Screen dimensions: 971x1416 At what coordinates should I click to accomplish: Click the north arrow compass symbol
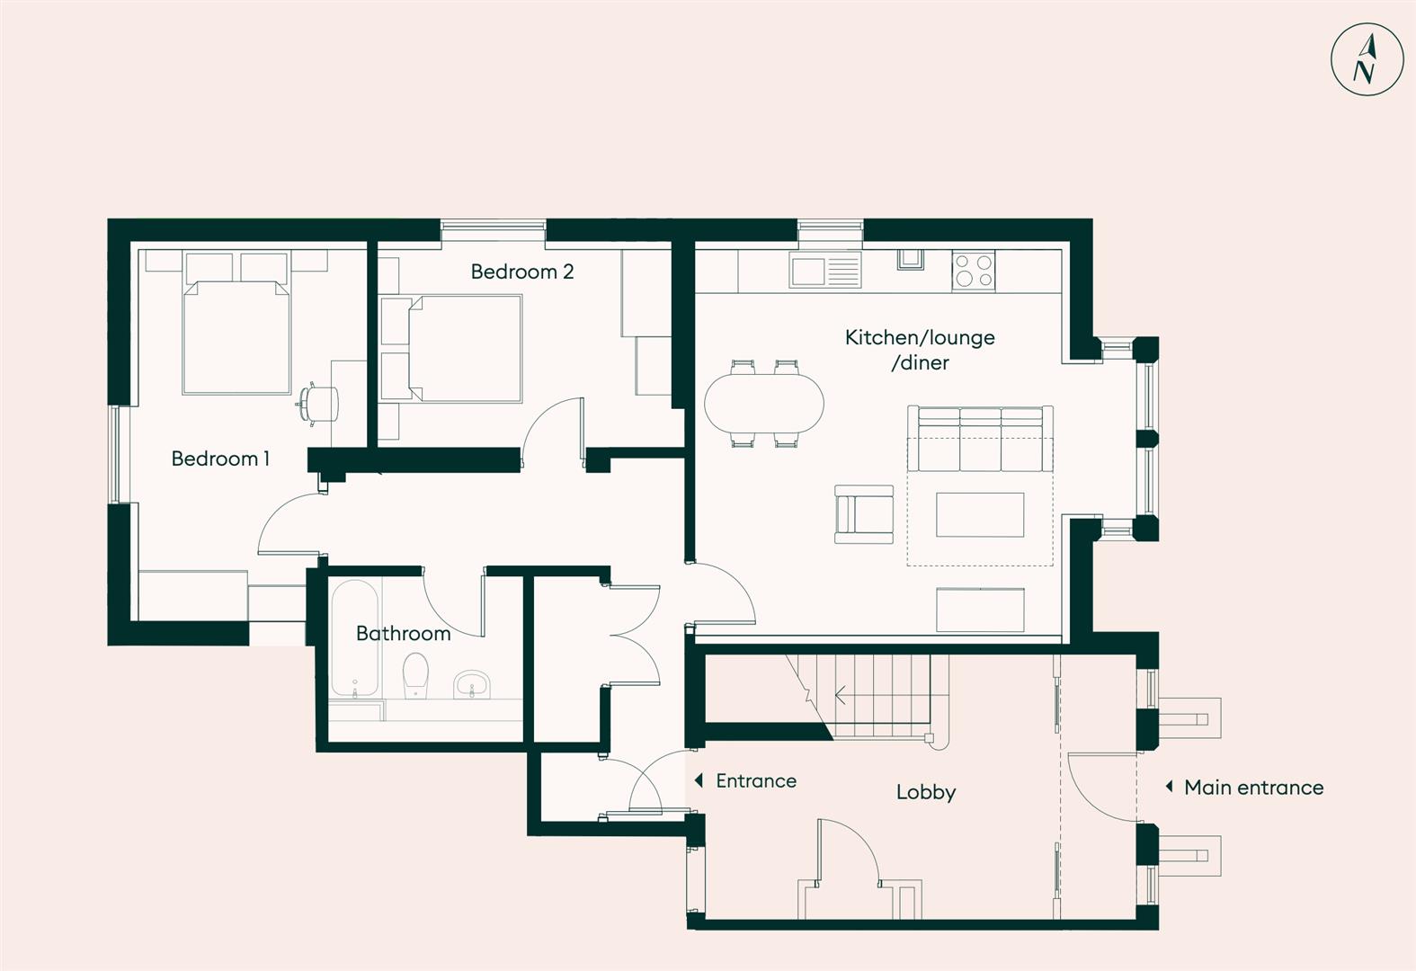(x=1367, y=59)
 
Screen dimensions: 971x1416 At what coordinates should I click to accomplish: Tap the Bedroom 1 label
(x=220, y=459)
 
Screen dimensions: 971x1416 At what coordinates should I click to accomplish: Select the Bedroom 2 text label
(x=521, y=272)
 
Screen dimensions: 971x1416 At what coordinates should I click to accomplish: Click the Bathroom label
(x=403, y=633)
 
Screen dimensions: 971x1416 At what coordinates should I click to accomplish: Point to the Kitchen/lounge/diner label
(x=920, y=349)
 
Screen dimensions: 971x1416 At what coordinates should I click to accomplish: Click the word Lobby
(x=925, y=792)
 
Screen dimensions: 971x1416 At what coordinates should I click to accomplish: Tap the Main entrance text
(x=1253, y=788)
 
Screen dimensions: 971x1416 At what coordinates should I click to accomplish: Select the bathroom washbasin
(x=470, y=685)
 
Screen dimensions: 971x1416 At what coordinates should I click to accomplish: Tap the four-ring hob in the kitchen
(x=974, y=271)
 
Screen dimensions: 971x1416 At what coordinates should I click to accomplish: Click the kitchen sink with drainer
(x=824, y=270)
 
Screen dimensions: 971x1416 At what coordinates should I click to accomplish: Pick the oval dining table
(x=763, y=404)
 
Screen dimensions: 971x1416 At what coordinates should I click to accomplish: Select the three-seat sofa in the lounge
(x=980, y=439)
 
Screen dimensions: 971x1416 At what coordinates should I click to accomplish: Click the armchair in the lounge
(x=864, y=514)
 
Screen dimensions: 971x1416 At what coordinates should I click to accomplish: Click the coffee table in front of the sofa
(x=980, y=514)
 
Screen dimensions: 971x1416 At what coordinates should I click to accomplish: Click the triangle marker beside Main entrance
(x=1169, y=787)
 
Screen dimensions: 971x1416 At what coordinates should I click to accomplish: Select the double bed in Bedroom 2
(x=465, y=349)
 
